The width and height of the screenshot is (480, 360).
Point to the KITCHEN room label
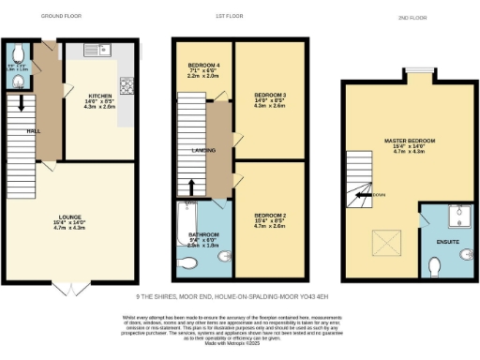click(101, 96)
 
